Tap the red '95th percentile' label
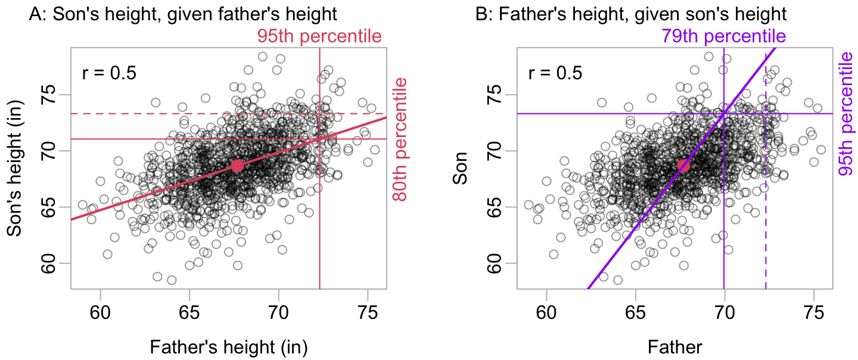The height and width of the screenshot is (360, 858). [319, 36]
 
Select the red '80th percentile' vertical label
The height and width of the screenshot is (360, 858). [399, 139]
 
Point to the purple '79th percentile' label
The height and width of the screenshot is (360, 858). [723, 36]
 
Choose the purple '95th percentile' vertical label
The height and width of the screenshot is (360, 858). [845, 113]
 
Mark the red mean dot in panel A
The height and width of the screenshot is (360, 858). [237, 166]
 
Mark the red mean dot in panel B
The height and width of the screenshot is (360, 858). [683, 166]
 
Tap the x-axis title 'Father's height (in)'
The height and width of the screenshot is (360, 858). [229, 347]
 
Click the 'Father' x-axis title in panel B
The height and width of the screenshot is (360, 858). [674, 347]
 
